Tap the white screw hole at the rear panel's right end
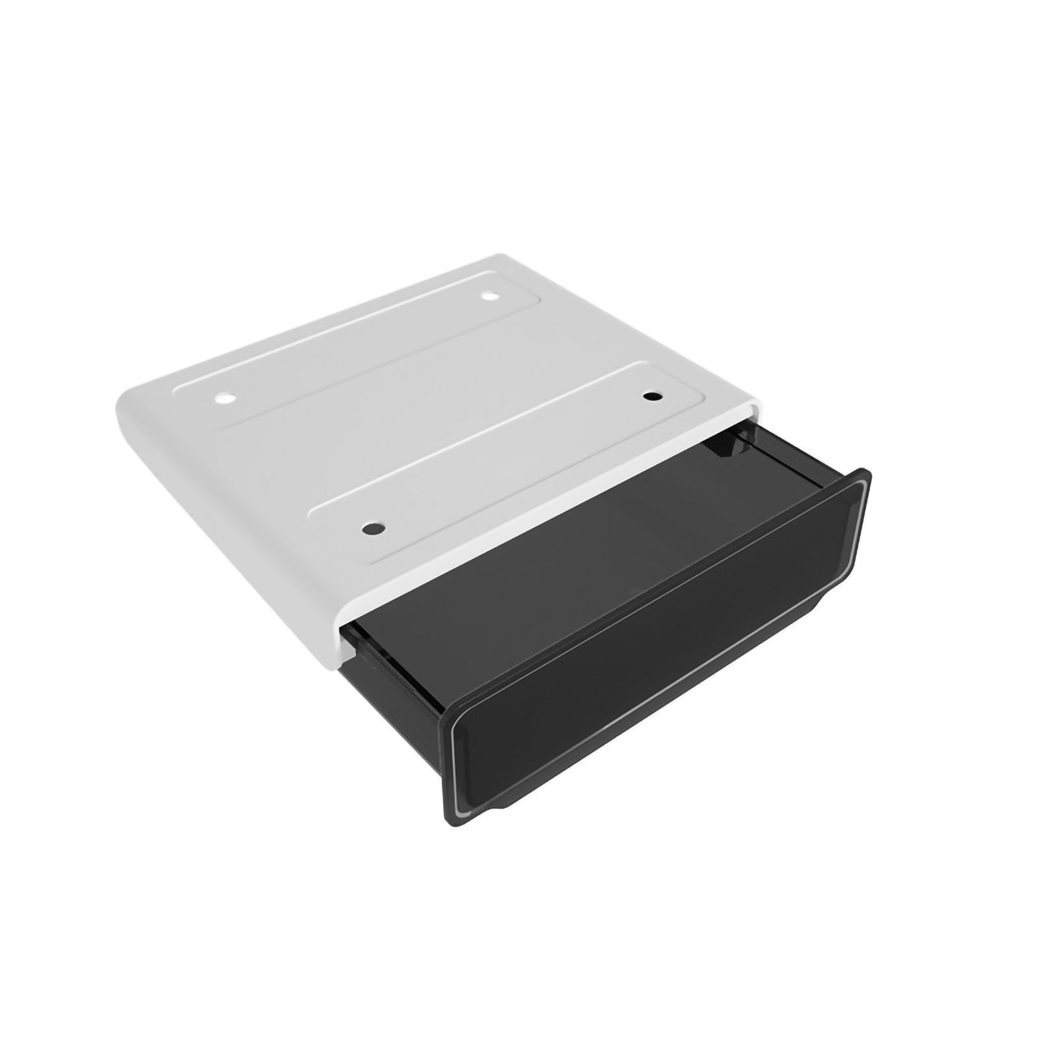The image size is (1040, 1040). [489, 297]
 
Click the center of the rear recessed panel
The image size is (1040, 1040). [357, 351]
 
